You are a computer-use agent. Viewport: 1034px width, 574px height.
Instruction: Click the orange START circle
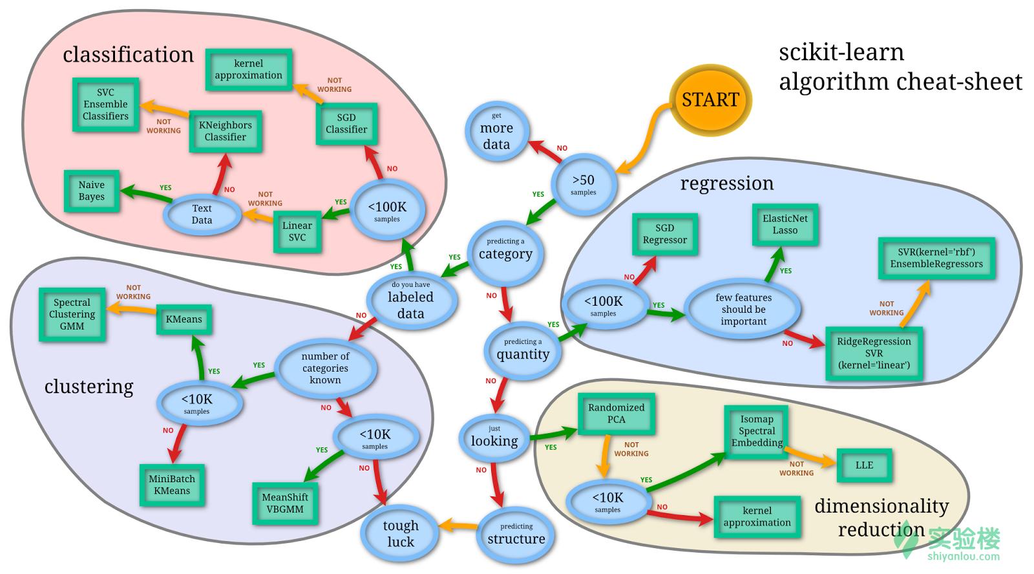coord(710,100)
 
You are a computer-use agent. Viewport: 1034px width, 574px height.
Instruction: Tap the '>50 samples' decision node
coord(583,184)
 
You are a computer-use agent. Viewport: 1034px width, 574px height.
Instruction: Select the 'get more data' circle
coord(496,132)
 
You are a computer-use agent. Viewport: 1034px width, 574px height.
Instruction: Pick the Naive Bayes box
coord(92,191)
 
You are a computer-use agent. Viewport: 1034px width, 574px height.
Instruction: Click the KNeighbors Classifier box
coord(225,131)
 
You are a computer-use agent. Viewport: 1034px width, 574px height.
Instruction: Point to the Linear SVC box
coord(297,231)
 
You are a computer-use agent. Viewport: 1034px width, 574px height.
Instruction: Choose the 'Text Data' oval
coord(202,214)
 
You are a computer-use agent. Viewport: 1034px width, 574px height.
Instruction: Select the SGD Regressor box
coord(664,234)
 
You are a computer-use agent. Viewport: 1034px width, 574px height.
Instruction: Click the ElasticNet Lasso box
coord(785,224)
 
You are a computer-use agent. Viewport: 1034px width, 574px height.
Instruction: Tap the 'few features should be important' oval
coord(743,309)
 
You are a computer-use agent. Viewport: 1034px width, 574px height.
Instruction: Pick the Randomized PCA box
coord(616,413)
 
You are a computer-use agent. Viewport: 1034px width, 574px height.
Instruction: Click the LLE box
coord(864,465)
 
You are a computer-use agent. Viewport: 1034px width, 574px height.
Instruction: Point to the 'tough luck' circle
coord(400,533)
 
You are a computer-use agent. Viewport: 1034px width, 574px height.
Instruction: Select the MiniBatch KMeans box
coord(172,485)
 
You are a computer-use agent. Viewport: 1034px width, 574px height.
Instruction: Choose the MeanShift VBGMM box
coord(285,503)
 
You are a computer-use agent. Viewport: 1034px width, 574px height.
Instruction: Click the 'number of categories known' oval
coord(325,368)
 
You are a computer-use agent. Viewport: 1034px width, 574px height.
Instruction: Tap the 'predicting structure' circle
coord(516,535)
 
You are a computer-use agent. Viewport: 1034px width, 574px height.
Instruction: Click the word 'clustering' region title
coord(89,387)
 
